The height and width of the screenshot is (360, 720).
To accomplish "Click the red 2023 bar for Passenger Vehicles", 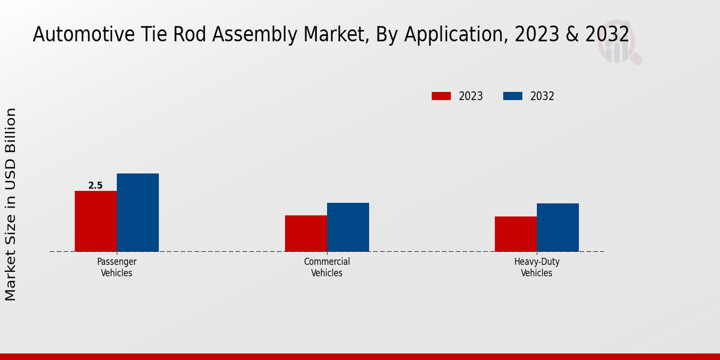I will point(95,221).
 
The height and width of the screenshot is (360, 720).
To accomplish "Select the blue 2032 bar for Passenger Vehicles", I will point(137,212).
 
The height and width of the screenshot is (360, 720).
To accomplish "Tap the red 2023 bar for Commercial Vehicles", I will point(306,233).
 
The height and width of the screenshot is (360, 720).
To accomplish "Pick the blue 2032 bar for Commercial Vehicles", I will point(348,227).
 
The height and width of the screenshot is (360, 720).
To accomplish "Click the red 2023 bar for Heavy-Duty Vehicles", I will point(515,234).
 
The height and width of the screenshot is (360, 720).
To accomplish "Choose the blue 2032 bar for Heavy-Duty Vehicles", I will point(557,227).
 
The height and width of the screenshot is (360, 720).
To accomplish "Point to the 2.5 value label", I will point(95,186).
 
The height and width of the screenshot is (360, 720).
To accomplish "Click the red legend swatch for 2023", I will point(441,96).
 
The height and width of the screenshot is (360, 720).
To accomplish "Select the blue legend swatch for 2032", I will point(512,96).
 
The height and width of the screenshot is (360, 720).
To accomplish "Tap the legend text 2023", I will point(471,96).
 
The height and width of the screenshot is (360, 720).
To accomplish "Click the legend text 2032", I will point(542,96).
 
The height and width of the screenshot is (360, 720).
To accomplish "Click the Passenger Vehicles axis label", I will point(116,268).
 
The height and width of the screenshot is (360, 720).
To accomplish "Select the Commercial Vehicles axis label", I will point(327,268).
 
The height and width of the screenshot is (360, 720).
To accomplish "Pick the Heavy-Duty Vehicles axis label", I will point(536,268).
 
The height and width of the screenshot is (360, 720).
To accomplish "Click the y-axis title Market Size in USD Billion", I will point(11,204).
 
